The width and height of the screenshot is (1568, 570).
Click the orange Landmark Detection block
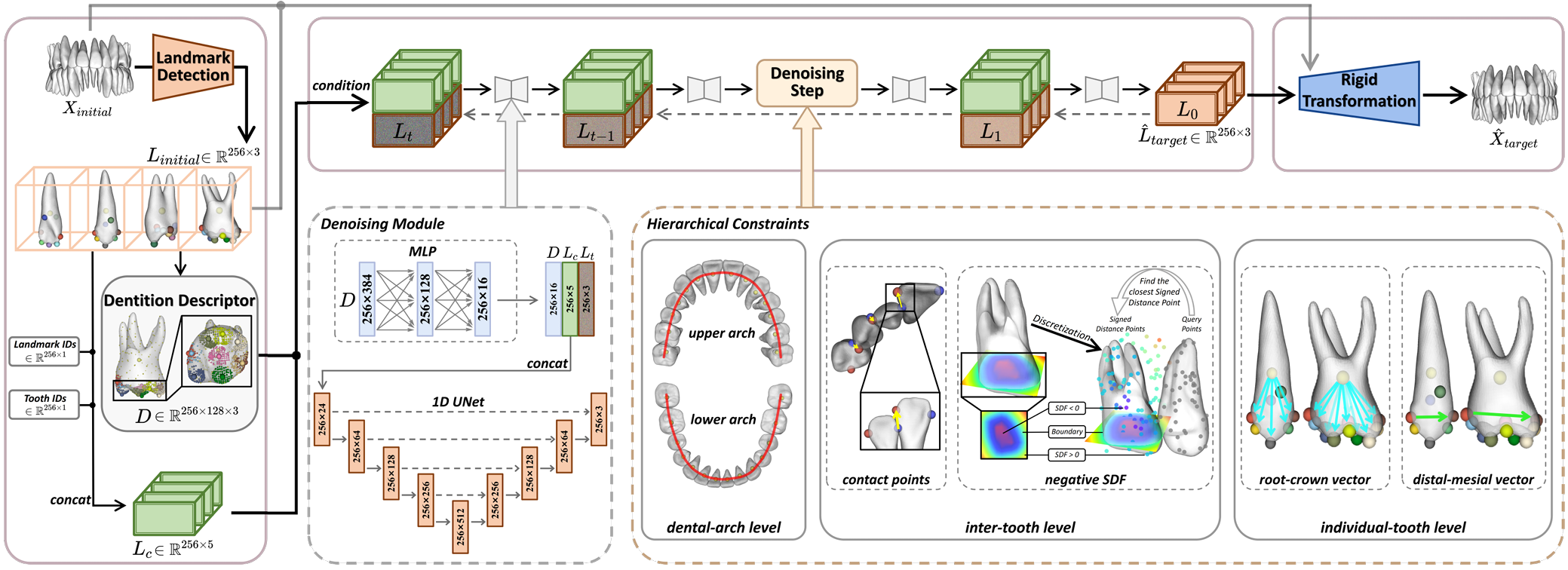coord(192,67)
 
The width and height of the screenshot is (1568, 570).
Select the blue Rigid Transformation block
coord(1358,91)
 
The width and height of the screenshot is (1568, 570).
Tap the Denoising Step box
coord(806,82)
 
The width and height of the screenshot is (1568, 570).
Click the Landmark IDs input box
coord(44,351)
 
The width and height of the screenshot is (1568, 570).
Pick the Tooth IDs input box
coord(44,404)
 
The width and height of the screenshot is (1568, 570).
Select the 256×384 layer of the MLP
coord(367,299)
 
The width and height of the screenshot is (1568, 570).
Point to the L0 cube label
coord(1187,112)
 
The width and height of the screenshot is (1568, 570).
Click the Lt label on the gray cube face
coord(404,132)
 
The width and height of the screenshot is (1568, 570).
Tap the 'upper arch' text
coord(721,333)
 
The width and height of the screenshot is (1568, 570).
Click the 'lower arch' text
coord(723,420)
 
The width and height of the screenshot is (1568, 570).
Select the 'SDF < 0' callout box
coord(1066,409)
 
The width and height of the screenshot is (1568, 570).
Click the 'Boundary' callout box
coord(1066,432)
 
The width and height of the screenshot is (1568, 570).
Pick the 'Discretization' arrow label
coord(1061,327)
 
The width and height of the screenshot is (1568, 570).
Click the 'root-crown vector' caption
coord(1314,480)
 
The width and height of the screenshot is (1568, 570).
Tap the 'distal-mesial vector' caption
coord(1472,480)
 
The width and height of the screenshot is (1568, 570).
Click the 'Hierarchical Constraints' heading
coord(727,224)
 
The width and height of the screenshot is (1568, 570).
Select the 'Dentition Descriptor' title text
coord(179,300)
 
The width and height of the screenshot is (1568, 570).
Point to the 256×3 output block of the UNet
coord(598,419)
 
